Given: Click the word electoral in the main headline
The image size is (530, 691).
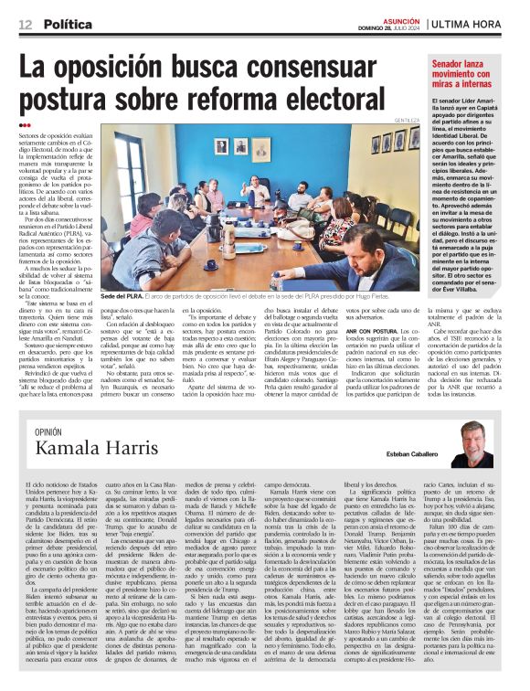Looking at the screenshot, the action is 345,94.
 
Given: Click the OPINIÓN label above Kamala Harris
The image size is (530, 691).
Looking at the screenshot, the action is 48,431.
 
